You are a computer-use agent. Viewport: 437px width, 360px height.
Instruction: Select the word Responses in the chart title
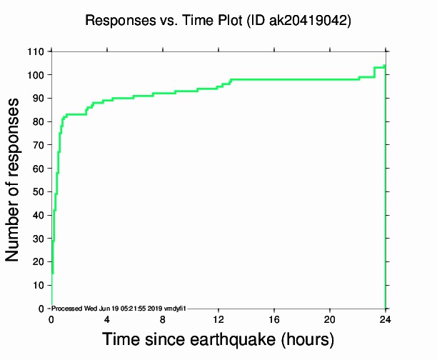point(117,21)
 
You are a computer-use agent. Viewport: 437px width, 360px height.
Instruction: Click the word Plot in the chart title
point(228,21)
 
